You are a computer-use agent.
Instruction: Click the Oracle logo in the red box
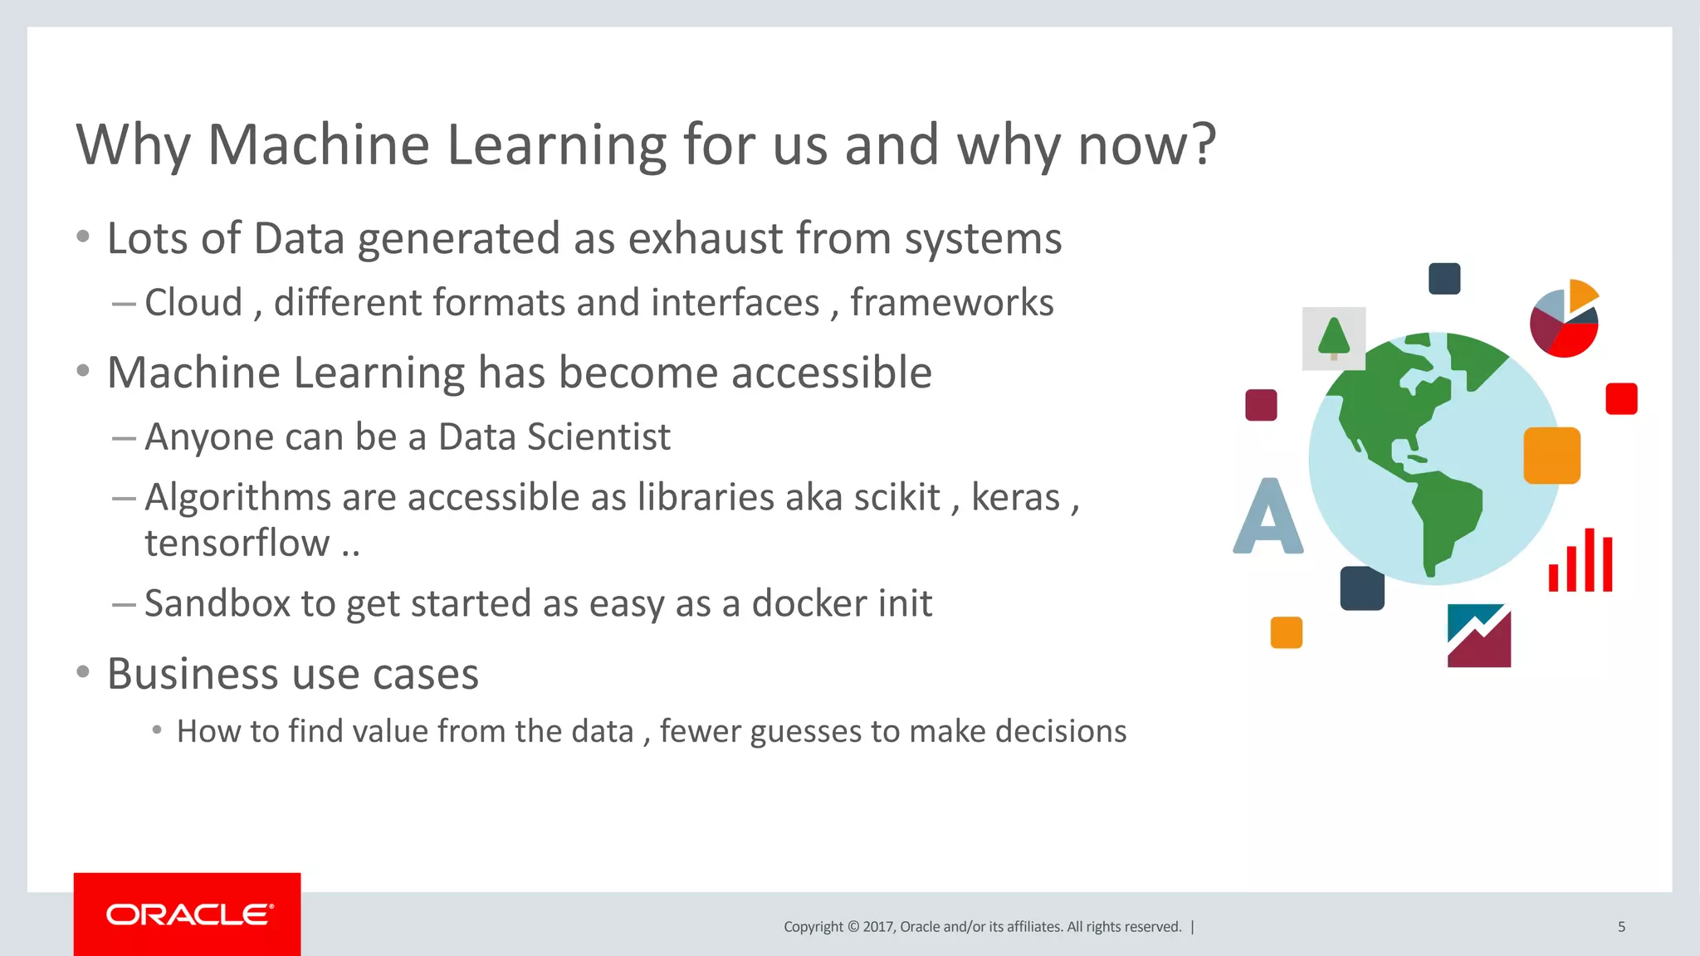coord(188,915)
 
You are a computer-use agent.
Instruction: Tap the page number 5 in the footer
coord(1621,927)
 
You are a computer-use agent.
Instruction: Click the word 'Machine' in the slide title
coord(318,145)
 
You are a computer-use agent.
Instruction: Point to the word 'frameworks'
coord(951,302)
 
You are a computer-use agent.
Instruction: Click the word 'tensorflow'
coord(237,544)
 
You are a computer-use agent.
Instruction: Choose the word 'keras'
coord(1015,498)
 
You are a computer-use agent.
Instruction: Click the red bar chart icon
coord(1580,562)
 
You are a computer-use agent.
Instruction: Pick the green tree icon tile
coord(1333,339)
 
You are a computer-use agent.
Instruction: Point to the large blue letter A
coord(1268,517)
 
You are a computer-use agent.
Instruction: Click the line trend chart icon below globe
coord(1478,636)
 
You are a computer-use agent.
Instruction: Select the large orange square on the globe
coord(1551,456)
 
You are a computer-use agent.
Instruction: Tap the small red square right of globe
coord(1620,399)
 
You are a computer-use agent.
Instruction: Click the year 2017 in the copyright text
coord(877,927)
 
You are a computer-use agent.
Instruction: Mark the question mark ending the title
coord(1201,145)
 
